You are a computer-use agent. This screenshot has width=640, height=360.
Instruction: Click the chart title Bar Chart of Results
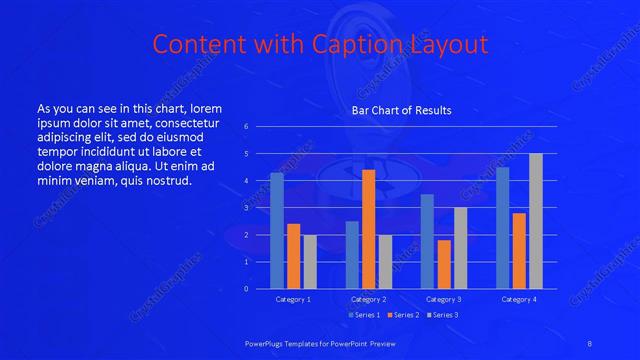click(x=401, y=110)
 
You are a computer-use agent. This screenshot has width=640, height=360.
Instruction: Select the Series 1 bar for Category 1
click(x=277, y=231)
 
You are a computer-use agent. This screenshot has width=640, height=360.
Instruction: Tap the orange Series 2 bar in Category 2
click(x=368, y=229)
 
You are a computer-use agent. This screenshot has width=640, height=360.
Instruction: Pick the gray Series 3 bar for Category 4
click(x=535, y=221)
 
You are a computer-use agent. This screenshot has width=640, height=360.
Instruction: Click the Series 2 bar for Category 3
click(x=443, y=264)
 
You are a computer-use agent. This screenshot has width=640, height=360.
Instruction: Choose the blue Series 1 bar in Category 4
click(x=502, y=228)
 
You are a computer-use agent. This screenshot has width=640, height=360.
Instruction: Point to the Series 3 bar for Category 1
click(x=310, y=262)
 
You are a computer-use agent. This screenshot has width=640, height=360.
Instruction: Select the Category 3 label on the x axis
click(x=443, y=299)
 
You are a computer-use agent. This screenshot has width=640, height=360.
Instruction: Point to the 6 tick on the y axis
click(x=247, y=127)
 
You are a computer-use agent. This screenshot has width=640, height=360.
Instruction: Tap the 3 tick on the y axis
click(x=247, y=208)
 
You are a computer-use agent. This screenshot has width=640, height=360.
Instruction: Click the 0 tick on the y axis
click(x=247, y=289)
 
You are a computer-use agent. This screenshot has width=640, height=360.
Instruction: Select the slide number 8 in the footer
click(x=590, y=343)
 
